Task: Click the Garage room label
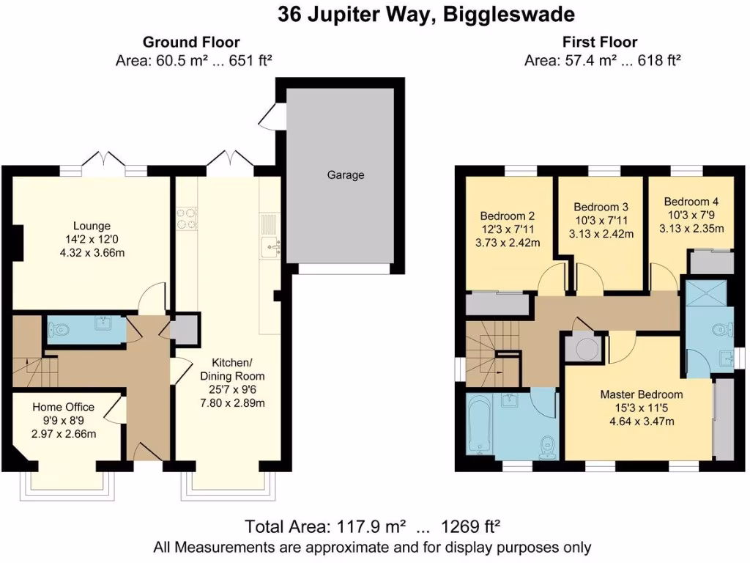point(346,175)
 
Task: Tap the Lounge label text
point(92,226)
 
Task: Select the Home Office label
point(64,408)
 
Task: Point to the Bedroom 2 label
point(507,216)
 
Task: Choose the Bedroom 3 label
point(601,207)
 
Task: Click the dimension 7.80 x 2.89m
point(231,402)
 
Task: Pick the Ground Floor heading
point(191,43)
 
